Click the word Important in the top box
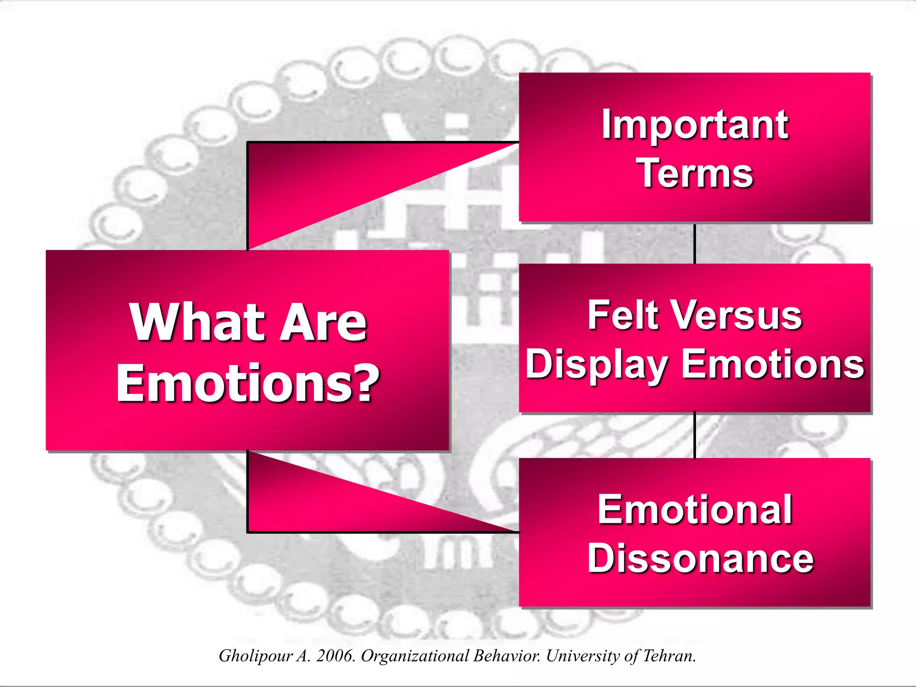[695, 125]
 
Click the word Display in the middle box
[596, 365]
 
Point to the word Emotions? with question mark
[248, 383]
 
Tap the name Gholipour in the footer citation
[255, 656]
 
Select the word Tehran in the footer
[669, 656]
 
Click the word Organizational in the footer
[415, 656]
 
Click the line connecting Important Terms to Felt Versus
[695, 243]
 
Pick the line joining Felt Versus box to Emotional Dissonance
[695, 435]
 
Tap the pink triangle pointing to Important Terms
[313, 183]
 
